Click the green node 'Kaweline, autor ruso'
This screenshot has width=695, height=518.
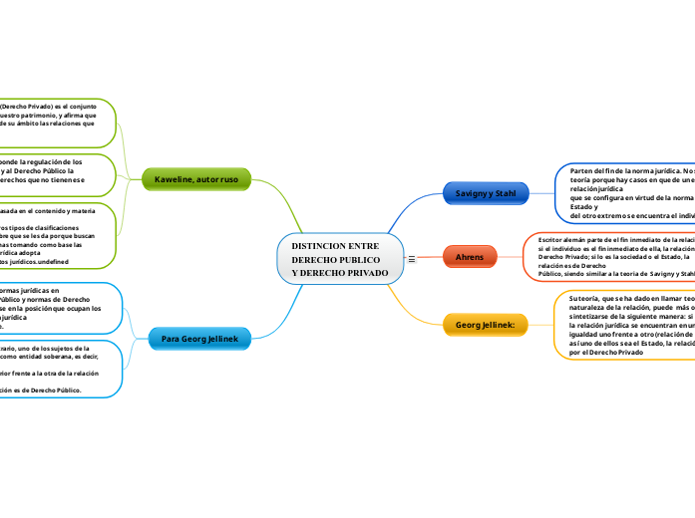click(x=196, y=179)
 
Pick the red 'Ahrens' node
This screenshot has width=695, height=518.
click(x=469, y=257)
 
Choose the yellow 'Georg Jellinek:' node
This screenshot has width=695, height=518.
click(x=484, y=325)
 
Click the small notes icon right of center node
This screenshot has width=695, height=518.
click(x=412, y=259)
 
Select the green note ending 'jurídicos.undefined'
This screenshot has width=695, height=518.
click(x=55, y=236)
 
